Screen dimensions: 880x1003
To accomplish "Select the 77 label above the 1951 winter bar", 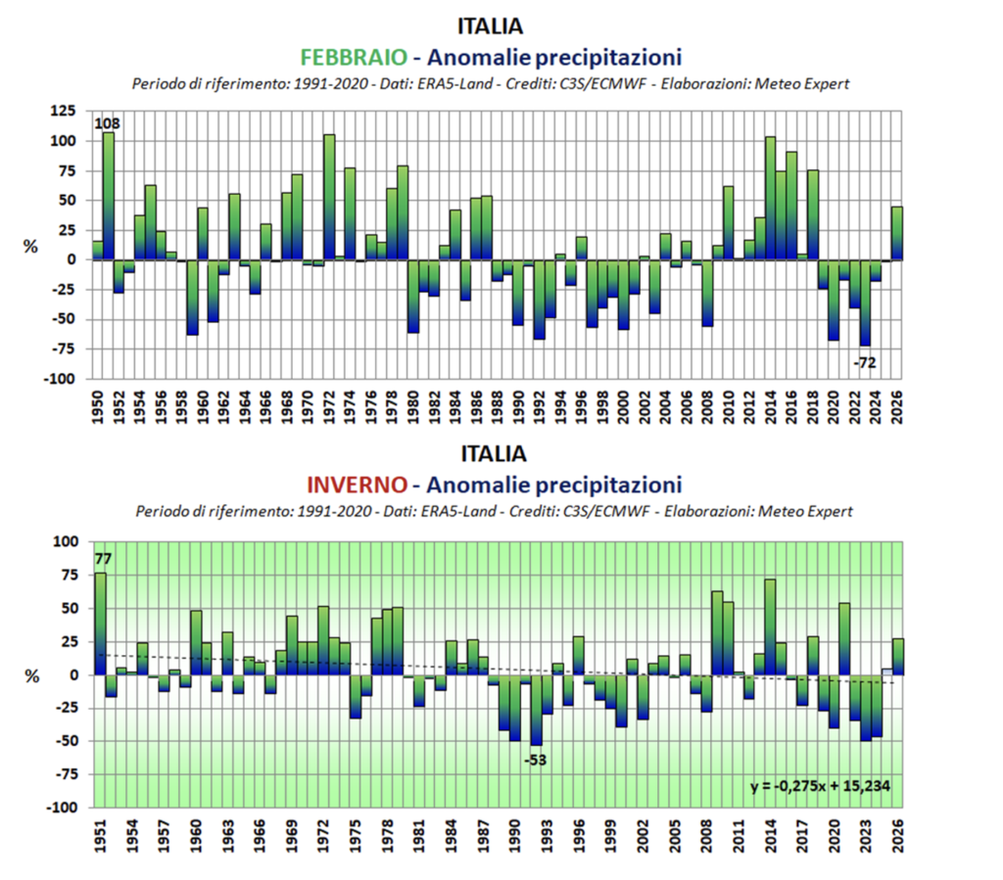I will click(102, 560).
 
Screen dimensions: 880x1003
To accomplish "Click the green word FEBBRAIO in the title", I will click(356, 57).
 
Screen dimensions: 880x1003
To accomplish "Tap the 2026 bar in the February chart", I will click(897, 233).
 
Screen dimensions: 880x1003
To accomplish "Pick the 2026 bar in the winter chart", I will click(897, 657).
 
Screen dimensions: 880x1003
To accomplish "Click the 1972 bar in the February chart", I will click(329, 197).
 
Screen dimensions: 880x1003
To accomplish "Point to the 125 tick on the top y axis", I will click(64, 112).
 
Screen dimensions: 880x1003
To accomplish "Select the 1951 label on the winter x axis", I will click(100, 835).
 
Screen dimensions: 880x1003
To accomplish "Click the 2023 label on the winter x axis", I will click(866, 835).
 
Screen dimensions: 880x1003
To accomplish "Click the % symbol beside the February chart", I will click(30, 247).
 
